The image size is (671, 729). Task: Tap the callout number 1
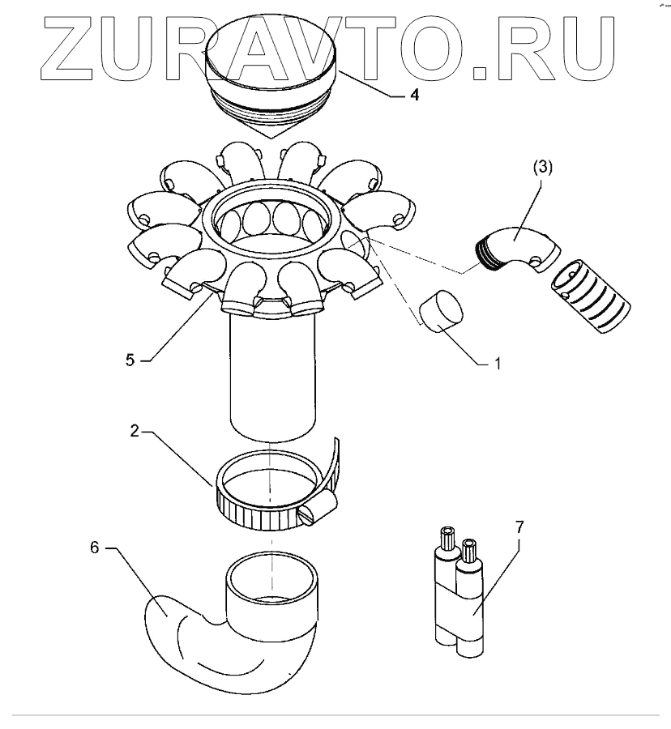(498, 364)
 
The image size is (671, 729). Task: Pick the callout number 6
(94, 548)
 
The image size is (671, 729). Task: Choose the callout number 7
(519, 526)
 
